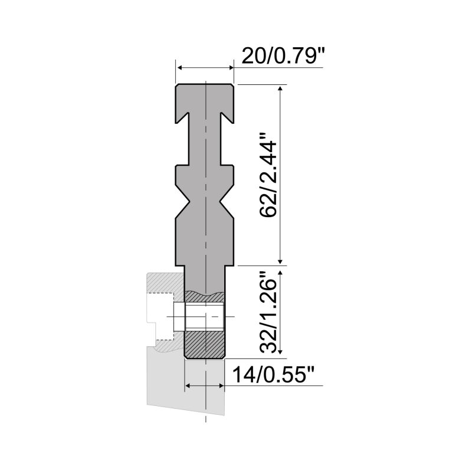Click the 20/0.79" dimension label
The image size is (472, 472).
coord(280,57)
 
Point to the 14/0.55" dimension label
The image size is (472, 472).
coord(274,375)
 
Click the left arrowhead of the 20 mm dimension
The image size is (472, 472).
coord(179,68)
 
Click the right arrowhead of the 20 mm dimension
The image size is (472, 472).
coord(231,68)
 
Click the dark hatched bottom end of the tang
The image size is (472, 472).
coord(205,345)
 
